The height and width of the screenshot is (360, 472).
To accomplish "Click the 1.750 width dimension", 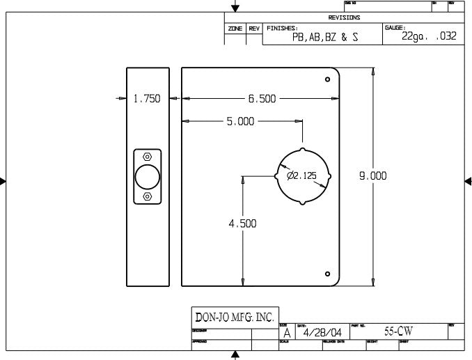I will [147, 99].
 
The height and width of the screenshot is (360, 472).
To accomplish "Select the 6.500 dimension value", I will [262, 99].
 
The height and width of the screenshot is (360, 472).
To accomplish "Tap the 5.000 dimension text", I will [241, 122].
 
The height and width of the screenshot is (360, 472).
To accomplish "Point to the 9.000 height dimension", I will [372, 176].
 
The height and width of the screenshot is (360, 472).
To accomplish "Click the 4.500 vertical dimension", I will [242, 224].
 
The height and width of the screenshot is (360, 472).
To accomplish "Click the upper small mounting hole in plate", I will [327, 79].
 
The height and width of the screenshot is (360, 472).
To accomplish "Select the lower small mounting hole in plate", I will [327, 273].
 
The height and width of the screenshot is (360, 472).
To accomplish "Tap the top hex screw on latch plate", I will [147, 157].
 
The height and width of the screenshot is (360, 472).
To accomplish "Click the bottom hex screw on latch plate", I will [147, 197].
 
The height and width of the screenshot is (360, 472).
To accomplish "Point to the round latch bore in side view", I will [147, 177].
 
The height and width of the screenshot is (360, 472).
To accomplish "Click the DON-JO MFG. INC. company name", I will [235, 317].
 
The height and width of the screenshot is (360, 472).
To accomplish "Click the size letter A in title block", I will [287, 334].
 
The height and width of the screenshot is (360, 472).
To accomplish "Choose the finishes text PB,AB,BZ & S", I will [325, 38].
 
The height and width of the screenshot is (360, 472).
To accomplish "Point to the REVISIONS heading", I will [344, 17].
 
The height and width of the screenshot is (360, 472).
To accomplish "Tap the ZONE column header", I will [235, 29].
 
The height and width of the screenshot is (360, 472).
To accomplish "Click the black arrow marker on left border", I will [3, 182].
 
